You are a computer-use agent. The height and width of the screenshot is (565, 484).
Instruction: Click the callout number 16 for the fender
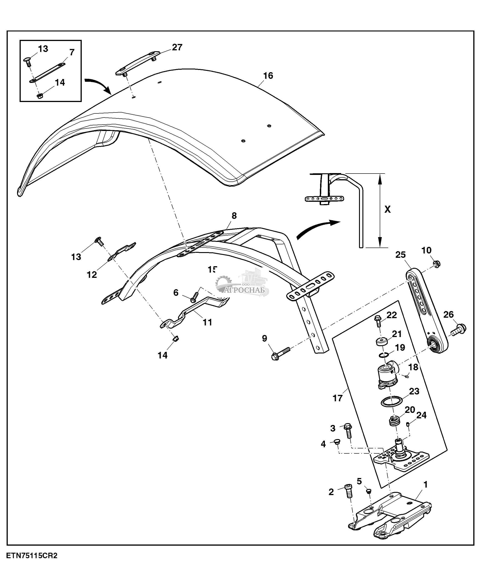pyautogui.click(x=268, y=76)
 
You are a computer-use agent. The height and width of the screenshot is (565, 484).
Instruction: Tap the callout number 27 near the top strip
pyautogui.click(x=177, y=47)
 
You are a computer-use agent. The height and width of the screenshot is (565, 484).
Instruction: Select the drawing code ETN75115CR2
pyautogui.click(x=32, y=556)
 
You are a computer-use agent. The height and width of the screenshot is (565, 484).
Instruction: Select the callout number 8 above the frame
pyautogui.click(x=234, y=216)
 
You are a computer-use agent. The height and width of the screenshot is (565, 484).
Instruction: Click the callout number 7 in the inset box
pyautogui.click(x=72, y=52)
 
